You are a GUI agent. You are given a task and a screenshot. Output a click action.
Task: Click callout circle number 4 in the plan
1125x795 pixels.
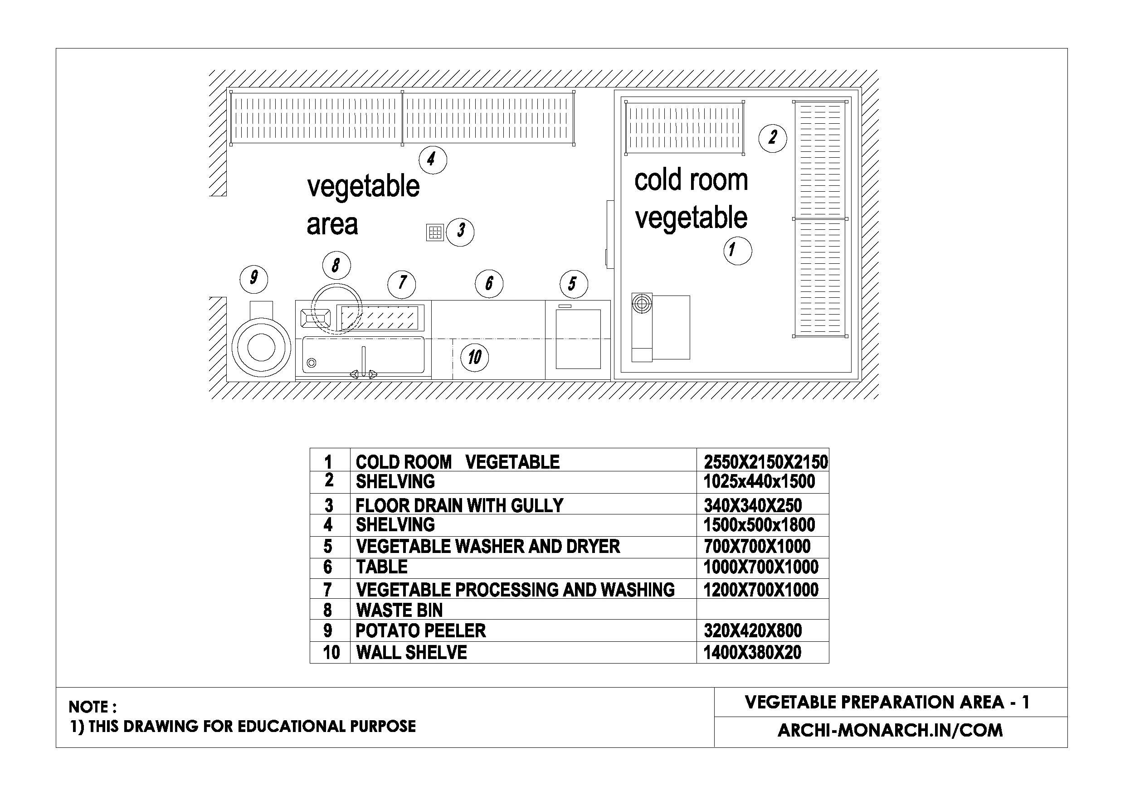(433, 160)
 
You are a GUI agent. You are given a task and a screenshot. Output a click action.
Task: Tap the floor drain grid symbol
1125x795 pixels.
(434, 232)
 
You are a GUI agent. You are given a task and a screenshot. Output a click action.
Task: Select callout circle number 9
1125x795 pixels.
(253, 279)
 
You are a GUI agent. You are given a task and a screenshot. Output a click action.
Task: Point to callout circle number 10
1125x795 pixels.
(474, 357)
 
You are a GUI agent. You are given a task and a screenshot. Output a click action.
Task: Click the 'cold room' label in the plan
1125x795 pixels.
(691, 180)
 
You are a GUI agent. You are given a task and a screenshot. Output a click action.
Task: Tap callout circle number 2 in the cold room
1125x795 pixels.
(772, 138)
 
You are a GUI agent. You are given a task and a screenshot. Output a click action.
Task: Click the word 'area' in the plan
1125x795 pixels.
(332, 224)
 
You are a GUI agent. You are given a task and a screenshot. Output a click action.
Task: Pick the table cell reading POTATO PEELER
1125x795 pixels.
(420, 631)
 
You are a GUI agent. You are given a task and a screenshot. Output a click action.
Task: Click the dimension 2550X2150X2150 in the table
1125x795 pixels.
(765, 462)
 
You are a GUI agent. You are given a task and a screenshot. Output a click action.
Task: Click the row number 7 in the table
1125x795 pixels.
(328, 590)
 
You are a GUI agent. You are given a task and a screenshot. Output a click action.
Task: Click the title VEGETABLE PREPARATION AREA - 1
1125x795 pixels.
(886, 703)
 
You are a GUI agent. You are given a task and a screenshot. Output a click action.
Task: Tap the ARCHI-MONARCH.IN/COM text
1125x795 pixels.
(890, 730)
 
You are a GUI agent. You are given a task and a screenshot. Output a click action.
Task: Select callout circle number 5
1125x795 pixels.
(573, 284)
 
